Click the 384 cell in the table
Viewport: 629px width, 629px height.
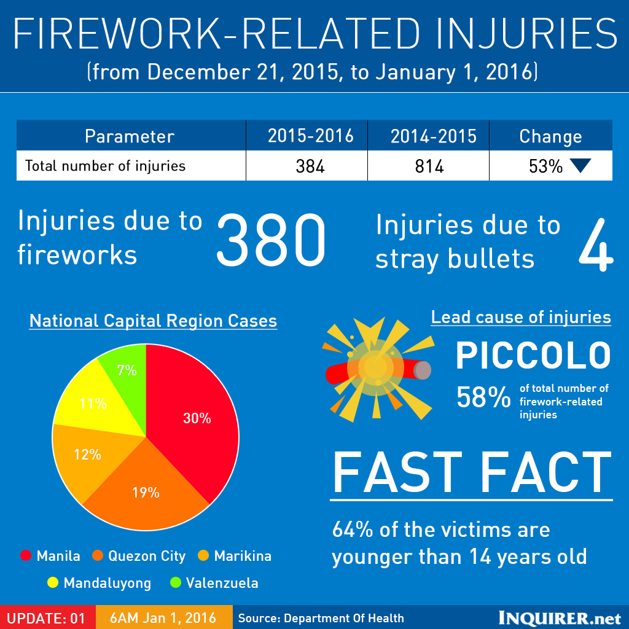tap(310, 166)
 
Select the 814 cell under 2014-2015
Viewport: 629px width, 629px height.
tap(429, 166)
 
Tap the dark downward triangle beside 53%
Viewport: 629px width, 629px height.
tap(579, 166)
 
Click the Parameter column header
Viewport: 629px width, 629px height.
tap(130, 136)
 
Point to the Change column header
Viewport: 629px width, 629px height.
tap(550, 136)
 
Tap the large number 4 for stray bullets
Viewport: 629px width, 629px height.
tap(595, 243)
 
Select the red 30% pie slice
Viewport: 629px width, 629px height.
tap(197, 418)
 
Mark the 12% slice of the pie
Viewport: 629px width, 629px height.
tap(87, 455)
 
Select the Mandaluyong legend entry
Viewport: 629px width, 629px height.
tap(100, 583)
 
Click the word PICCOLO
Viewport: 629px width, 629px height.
tap(533, 355)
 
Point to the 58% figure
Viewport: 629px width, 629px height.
tap(483, 398)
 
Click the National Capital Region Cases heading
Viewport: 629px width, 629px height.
tap(153, 321)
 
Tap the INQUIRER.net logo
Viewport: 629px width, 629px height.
tap(560, 617)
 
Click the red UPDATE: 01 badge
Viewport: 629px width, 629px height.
tap(47, 617)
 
